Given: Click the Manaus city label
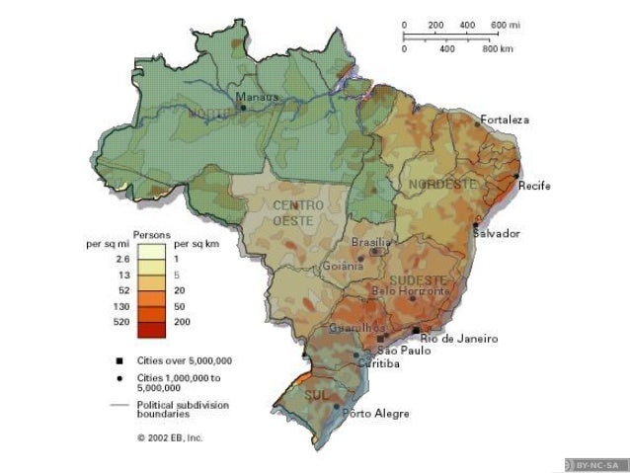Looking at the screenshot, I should pyautogui.click(x=257, y=97).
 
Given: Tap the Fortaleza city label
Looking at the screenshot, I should pyautogui.click(x=505, y=119).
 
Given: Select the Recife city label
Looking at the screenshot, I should pyautogui.click(x=534, y=186).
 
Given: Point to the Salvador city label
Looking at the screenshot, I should pyautogui.click(x=496, y=234).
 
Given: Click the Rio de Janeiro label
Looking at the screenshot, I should pyautogui.click(x=459, y=339).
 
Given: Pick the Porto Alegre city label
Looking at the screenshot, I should pyautogui.click(x=370, y=414).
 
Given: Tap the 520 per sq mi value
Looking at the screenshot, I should pyautogui.click(x=122, y=323).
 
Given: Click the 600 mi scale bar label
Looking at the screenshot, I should pyautogui.click(x=504, y=24).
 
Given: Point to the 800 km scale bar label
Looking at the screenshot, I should pyautogui.click(x=496, y=47).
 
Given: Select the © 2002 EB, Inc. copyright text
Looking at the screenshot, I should pyautogui.click(x=170, y=435).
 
